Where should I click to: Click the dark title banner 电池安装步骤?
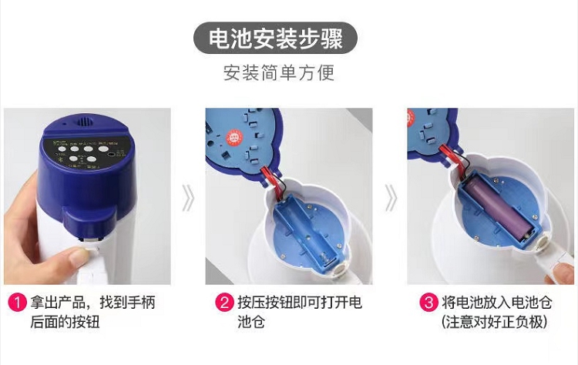tap(275, 38)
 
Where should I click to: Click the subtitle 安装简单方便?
tap(279, 72)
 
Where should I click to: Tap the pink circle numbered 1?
tap(17, 303)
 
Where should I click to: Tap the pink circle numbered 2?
tap(224, 303)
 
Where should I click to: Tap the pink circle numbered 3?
tap(429, 303)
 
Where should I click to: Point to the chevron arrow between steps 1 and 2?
tap(188, 198)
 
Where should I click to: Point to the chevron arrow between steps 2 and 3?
tap(391, 198)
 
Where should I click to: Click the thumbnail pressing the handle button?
tap(78, 255)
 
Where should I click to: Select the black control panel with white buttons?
tap(86, 154)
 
